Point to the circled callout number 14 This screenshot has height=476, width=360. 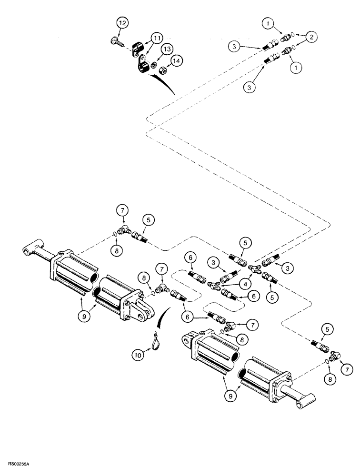coord(177,60)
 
